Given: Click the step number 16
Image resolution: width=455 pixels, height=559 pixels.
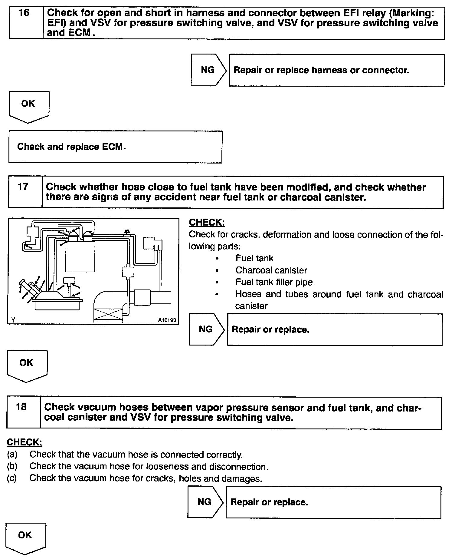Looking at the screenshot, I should [x=24, y=13].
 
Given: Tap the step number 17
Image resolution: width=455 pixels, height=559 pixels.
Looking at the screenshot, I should [x=23, y=187].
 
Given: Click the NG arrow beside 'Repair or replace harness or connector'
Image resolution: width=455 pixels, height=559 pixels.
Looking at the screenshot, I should [x=208, y=70].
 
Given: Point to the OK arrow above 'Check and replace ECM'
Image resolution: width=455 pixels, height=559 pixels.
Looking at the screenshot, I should [x=28, y=106].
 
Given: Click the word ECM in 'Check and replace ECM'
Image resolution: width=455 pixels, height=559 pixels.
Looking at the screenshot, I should [x=113, y=147].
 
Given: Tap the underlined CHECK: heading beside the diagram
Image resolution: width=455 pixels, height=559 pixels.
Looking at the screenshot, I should [x=207, y=222].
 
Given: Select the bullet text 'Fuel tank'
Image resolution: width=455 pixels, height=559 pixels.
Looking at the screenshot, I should [x=254, y=258].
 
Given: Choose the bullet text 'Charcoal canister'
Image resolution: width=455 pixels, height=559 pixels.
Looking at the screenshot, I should [x=271, y=270].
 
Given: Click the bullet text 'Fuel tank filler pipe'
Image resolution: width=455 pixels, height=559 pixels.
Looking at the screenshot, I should [x=274, y=282].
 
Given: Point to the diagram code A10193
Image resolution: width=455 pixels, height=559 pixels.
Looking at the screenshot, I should [x=167, y=320].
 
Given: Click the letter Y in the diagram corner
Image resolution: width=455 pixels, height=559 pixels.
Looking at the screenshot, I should [x=13, y=320].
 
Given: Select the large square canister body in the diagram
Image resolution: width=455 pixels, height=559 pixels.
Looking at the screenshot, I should [x=80, y=256].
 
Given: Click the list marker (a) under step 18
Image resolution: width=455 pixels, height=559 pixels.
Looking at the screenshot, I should [x=12, y=455].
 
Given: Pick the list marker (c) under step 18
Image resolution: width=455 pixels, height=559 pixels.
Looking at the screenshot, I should [x=12, y=478].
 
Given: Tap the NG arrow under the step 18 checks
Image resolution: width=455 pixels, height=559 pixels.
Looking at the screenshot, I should [x=205, y=502].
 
